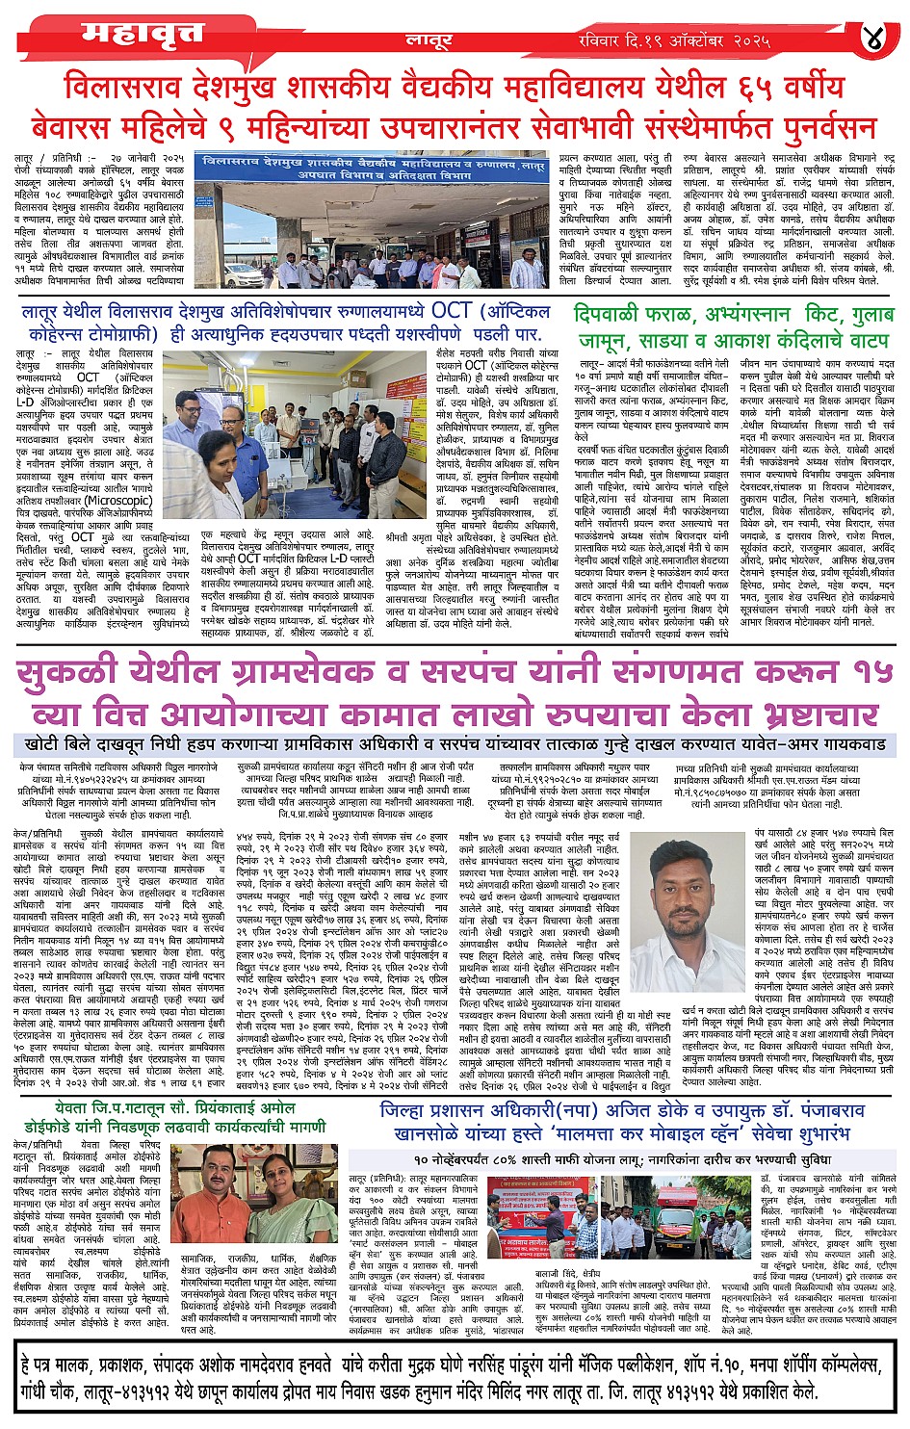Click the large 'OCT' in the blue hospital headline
click(x=451, y=312)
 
